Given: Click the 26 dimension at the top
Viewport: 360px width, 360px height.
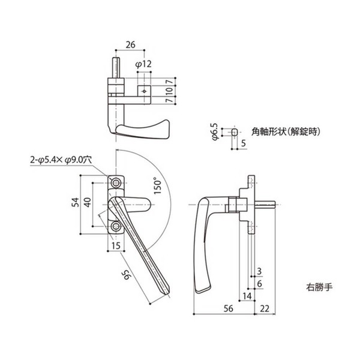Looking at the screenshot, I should (131, 44).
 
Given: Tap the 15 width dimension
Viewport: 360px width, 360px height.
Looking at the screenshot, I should (115, 245).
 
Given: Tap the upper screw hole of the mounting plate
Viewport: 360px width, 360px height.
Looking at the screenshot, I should (116, 182).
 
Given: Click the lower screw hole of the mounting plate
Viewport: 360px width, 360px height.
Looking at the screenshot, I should (116, 226).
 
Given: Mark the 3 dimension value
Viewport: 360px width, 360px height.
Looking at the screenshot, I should (259, 271).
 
